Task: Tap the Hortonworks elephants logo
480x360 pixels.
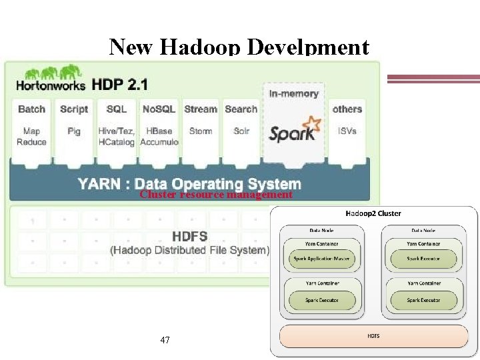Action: pos(48,73)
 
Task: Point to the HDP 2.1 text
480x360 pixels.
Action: pos(121,85)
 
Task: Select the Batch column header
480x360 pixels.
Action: pos(32,109)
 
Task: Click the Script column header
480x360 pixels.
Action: pos(74,109)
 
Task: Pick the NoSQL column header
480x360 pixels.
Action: pos(159,109)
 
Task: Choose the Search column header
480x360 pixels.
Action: pos(241,109)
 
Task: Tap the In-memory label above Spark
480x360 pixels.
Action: pos(294,93)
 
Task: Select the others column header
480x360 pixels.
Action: pos(347,109)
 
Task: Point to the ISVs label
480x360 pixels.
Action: pos(347,131)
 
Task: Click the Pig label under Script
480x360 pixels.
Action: pos(74,131)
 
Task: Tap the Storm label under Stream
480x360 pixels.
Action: pos(200,131)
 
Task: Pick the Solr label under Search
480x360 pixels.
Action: pos(241,131)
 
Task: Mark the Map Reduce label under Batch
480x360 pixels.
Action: pos(32,136)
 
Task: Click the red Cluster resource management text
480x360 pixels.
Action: pos(216,195)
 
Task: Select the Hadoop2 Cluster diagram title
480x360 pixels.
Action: pos(373,214)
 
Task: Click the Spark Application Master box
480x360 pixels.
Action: pos(321,259)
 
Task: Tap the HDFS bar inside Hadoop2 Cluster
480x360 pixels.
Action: pos(373,336)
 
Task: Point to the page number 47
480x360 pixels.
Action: pos(165,340)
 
